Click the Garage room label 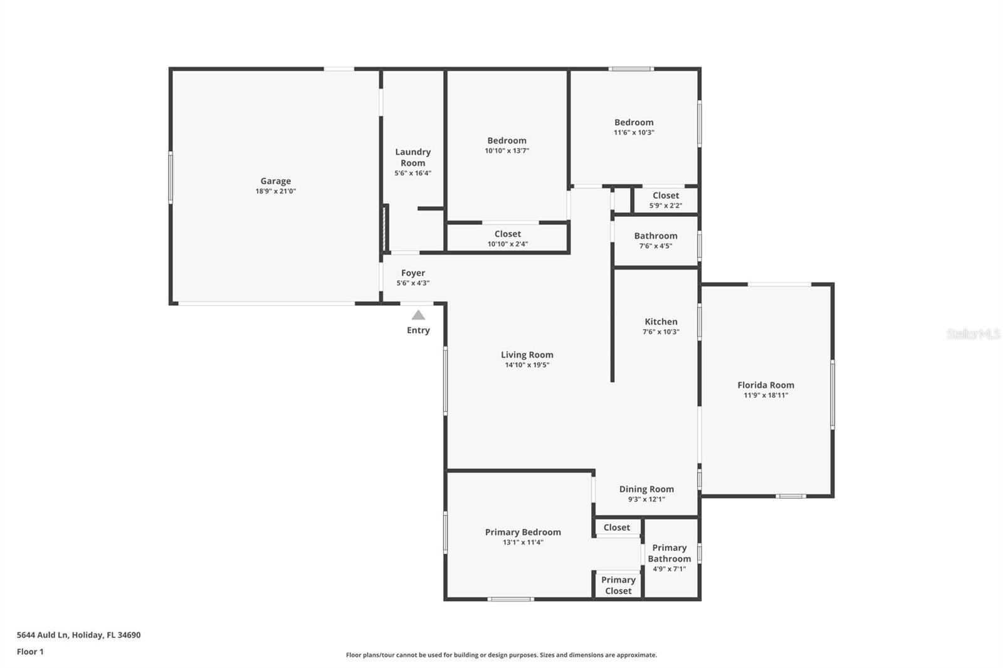(x=275, y=181)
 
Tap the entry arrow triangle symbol (x=418, y=315)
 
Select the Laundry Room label (x=412, y=157)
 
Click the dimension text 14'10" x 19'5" (x=527, y=365)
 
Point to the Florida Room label (x=765, y=385)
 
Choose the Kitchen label (x=661, y=321)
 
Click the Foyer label (x=413, y=273)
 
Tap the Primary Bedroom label (x=523, y=532)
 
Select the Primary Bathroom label (x=669, y=553)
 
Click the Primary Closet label (x=618, y=585)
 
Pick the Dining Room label (x=646, y=489)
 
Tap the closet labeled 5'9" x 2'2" (x=665, y=200)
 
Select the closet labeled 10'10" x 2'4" (x=507, y=238)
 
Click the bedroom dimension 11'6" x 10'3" (x=634, y=132)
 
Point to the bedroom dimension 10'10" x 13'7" (x=507, y=150)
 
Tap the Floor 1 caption (x=30, y=652)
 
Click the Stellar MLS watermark (x=973, y=334)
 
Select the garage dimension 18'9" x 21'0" (x=275, y=191)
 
